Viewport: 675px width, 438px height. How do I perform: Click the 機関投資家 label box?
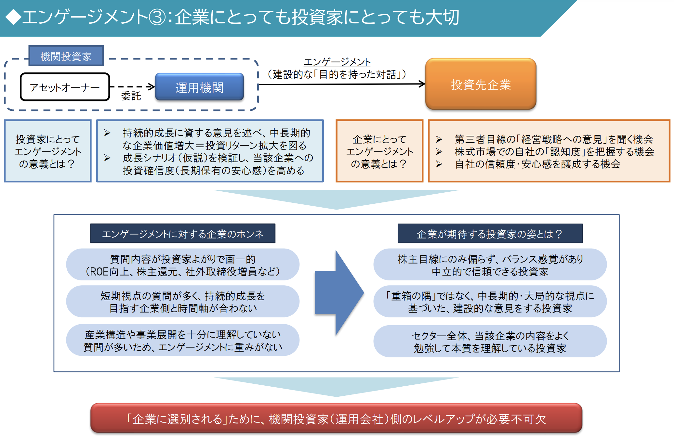(66, 56)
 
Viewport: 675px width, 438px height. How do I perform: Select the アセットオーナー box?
(65, 87)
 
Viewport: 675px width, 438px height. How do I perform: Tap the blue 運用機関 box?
(199, 87)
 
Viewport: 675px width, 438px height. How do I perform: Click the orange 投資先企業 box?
(481, 84)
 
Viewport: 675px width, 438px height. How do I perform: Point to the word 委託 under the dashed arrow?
(131, 96)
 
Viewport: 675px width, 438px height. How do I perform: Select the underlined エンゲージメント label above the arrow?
(337, 62)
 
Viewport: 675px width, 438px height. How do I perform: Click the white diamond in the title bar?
(13, 17)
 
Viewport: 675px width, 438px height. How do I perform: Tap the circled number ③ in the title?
(157, 17)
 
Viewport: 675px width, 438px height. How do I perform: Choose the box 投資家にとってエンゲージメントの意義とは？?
(47, 151)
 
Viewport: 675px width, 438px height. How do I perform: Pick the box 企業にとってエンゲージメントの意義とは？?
(379, 151)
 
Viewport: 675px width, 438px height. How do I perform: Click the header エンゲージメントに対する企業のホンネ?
(183, 234)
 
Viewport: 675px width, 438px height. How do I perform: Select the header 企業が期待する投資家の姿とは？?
(490, 234)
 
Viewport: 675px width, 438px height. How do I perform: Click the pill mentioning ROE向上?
(183, 265)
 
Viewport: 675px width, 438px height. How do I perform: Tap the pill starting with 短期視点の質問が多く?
(183, 302)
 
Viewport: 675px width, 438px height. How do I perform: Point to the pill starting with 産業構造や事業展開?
(183, 340)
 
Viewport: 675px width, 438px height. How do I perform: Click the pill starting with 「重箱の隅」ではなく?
(490, 302)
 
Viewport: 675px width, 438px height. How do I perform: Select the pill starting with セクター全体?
(490, 341)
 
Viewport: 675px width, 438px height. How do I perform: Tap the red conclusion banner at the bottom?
(336, 419)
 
